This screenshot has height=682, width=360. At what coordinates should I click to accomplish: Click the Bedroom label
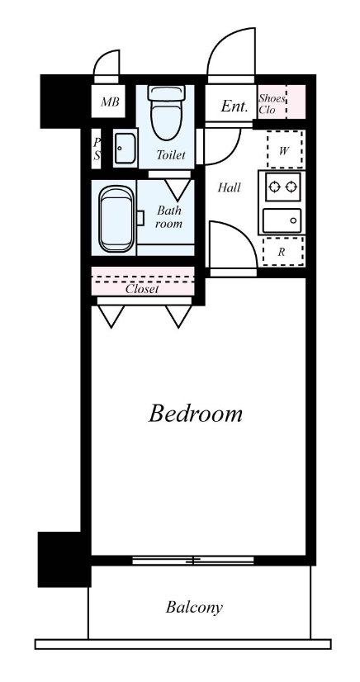coord(195,414)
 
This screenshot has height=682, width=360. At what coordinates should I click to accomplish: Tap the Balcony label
coord(194,607)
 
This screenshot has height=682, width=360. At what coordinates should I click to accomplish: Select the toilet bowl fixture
coord(165,112)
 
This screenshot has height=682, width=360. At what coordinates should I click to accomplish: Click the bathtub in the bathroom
coord(116,219)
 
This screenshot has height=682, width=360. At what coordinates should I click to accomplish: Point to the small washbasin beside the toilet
coord(126,149)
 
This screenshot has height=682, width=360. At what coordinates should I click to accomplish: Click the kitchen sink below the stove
coord(282,220)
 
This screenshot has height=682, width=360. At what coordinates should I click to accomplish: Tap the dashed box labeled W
coord(284,149)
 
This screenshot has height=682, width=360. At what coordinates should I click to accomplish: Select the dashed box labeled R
coord(283,252)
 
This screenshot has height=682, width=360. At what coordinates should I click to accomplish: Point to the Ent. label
coord(234,107)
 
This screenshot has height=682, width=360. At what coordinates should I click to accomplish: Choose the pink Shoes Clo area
coord(282,102)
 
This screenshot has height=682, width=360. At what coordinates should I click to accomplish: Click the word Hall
coord(229,188)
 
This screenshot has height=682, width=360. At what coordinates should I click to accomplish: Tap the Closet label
coord(142,289)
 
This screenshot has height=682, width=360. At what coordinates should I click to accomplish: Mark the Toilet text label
coord(171,155)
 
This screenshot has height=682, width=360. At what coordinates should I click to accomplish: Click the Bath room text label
coord(169,217)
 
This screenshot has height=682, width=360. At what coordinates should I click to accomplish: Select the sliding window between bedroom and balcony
coord(193,561)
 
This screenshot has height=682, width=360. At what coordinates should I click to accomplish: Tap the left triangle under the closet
coord(111,315)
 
